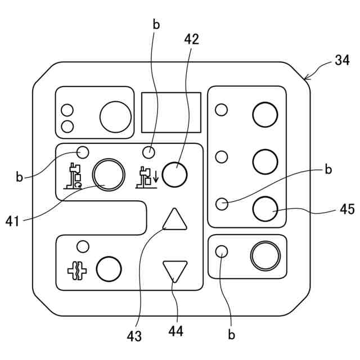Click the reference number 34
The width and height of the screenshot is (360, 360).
pyautogui.click(x=342, y=61)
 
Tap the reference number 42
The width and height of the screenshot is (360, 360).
pyautogui.click(x=191, y=39)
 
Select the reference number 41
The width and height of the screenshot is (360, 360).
pyautogui.click(x=12, y=220)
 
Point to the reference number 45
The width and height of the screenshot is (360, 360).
pyautogui.click(x=347, y=209)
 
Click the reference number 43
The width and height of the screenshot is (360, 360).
pyautogui.click(x=134, y=336)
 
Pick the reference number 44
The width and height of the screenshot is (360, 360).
pyautogui.click(x=175, y=332)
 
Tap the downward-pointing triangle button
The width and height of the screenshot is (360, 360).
pyautogui.click(x=175, y=271)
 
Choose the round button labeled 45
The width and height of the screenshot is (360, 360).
pyautogui.click(x=265, y=209)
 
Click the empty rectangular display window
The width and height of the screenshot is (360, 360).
pyautogui.click(x=171, y=112)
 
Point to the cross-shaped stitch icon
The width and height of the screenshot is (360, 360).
pyautogui.click(x=77, y=271)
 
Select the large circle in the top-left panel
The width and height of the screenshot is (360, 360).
pyautogui.click(x=115, y=116)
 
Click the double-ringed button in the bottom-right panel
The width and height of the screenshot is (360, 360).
pyautogui.click(x=265, y=256)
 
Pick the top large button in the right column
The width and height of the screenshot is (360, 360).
pyautogui.click(x=265, y=115)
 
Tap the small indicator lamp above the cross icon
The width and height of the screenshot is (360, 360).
pyautogui.click(x=83, y=246)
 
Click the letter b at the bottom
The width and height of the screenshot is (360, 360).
pyautogui.click(x=231, y=335)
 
